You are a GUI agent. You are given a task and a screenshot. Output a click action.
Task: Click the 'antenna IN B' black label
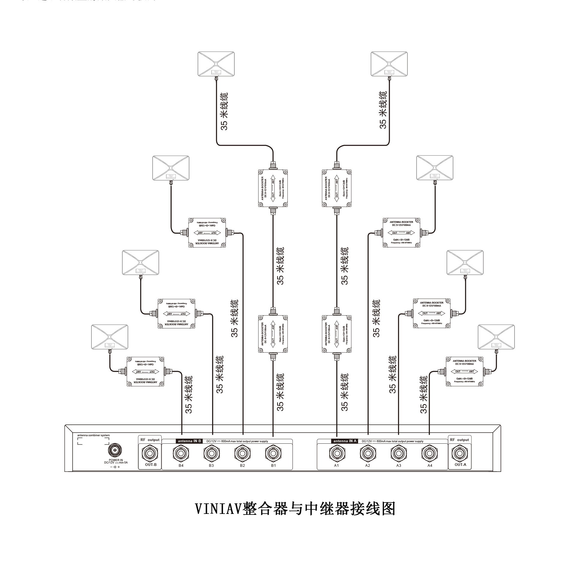(189, 441)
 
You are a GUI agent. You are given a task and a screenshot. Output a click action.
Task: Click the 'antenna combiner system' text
(94, 435)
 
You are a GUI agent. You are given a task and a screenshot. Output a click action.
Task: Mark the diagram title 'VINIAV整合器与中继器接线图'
(295, 508)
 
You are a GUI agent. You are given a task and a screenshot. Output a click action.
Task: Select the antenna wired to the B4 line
(109, 337)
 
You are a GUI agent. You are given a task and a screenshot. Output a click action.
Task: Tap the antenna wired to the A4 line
(496, 337)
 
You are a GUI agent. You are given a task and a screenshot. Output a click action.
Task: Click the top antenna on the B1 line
(216, 64)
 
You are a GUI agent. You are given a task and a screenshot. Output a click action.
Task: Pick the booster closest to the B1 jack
(273, 334)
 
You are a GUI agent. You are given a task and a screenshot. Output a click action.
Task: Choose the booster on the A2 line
(401, 233)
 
